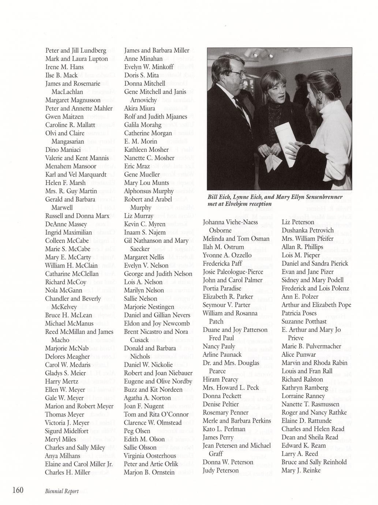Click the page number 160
pos(18,490)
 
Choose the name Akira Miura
pos(139,108)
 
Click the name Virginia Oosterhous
pos(150,456)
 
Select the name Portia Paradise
pos(222,288)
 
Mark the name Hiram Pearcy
pos(220,379)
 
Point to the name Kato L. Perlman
pos(224,429)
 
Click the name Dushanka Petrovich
pos(307,230)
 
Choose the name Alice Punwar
pos(299,354)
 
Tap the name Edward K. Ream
pos(303,445)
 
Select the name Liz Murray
pos(138,216)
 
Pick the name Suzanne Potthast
pos(304,321)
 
